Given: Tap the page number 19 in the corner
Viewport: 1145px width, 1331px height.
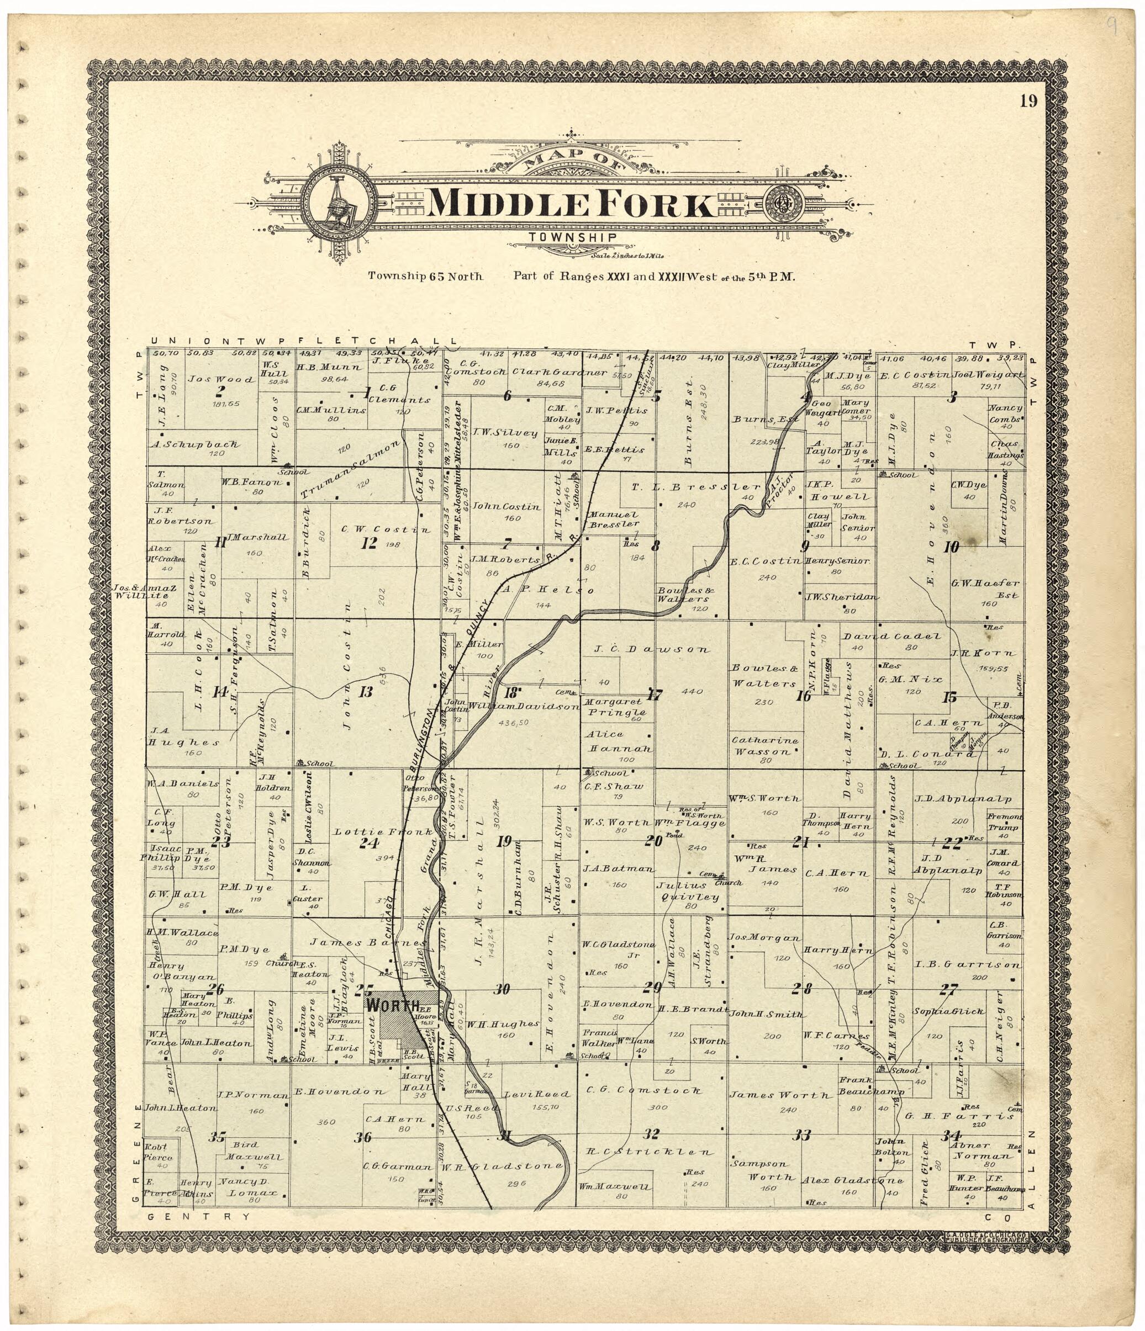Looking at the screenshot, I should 1027,102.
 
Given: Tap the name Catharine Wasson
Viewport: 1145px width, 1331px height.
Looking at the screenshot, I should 764,746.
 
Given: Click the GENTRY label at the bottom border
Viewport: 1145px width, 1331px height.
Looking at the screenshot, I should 198,1217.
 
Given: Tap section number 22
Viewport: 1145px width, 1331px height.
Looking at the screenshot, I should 951,844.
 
